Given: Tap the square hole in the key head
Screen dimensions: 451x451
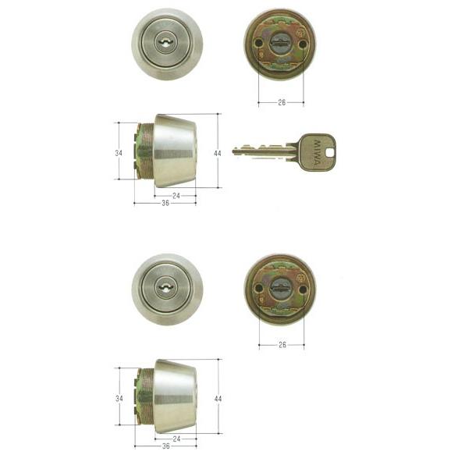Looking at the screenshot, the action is coord(331,152).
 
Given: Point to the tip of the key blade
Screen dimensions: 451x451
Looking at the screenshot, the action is coord(233,151).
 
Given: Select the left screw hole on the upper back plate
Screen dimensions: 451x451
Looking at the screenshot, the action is coord(258,44).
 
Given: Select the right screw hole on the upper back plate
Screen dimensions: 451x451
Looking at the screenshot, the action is coord(303,44).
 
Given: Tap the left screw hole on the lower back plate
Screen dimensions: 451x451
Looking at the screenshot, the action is coord(259,287).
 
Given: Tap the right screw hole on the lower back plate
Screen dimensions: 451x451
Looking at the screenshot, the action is coord(302,289).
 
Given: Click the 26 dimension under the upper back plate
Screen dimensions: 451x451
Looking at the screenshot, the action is coord(282,102).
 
